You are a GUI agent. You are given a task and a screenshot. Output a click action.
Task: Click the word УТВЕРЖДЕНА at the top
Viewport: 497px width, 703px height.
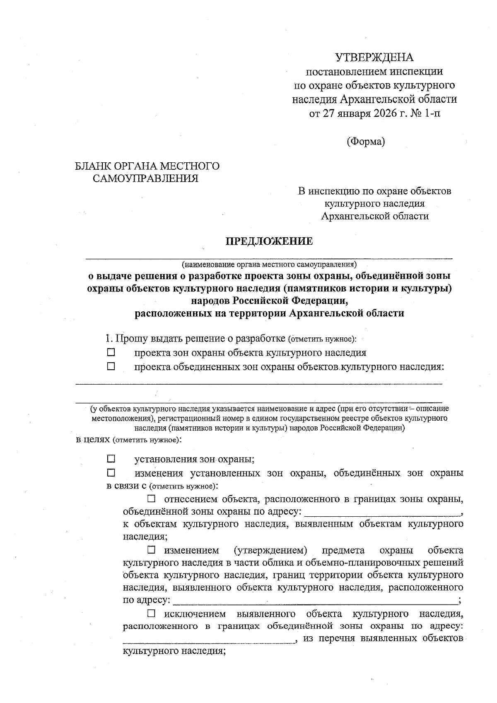point(374,57)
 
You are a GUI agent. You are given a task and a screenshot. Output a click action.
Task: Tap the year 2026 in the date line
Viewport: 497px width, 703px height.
point(381,113)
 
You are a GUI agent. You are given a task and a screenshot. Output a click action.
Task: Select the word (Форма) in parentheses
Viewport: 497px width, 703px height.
point(366,142)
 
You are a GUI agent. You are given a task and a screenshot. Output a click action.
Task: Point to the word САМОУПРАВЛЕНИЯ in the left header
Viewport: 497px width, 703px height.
point(145,178)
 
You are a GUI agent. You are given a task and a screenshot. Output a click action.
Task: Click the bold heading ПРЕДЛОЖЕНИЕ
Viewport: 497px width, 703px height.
point(269,241)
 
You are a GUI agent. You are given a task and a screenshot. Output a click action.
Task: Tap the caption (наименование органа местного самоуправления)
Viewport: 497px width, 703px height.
point(269,264)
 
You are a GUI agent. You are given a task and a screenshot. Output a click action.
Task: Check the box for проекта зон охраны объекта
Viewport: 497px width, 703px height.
point(111,353)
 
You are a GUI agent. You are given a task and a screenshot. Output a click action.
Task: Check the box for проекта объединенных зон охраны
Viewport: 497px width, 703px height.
point(111,366)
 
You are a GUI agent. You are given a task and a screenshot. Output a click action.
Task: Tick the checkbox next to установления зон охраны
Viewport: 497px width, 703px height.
point(111,459)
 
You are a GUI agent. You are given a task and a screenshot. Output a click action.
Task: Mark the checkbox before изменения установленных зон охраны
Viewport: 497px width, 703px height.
point(111,473)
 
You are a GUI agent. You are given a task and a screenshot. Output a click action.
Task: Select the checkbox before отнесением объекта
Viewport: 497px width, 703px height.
point(152,499)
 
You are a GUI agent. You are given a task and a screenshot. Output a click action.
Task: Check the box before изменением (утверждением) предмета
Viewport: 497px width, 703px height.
point(152,550)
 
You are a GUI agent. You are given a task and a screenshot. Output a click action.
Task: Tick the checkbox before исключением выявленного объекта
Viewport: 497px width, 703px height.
point(152,613)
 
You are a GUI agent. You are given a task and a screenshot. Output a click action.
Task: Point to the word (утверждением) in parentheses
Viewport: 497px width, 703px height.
point(270,550)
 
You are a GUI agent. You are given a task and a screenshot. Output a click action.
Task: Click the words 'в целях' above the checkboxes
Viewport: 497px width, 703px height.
point(93,439)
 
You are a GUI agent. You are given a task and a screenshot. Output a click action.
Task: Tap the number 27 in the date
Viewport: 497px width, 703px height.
point(328,113)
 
